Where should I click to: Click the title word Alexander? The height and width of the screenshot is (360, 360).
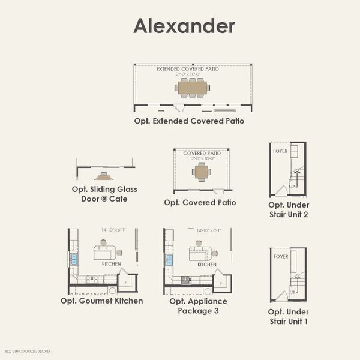[x=184, y=26]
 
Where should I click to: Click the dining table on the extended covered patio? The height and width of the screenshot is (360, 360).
[x=192, y=88]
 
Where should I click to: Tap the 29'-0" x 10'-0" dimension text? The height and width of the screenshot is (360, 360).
[x=188, y=74]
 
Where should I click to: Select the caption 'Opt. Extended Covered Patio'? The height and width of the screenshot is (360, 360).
[x=189, y=121]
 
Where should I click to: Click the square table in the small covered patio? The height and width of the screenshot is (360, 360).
[x=202, y=172]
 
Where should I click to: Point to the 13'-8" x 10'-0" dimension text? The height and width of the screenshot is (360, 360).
[x=202, y=158]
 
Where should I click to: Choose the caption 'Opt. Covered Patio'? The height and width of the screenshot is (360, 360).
[x=200, y=203]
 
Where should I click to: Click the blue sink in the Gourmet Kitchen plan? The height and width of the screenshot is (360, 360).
[x=74, y=259]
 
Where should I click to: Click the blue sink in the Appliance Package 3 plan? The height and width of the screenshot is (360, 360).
[x=169, y=260]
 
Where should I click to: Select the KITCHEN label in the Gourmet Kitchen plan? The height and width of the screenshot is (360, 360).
[x=111, y=264]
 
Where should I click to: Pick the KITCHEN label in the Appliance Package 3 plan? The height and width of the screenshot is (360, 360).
[x=207, y=265]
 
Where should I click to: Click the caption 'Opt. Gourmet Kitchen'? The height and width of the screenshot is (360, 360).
[x=102, y=301]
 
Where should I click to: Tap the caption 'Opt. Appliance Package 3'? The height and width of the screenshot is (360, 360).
[x=198, y=306]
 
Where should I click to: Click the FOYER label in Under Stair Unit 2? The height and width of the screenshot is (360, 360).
[x=280, y=151]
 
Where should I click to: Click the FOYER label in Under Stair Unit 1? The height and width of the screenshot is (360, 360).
[x=280, y=257]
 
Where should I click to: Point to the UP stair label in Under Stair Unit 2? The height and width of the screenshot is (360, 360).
[x=293, y=187]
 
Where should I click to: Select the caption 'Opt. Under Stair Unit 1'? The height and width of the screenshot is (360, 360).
[x=289, y=317]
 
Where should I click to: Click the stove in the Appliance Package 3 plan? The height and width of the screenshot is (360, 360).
[x=186, y=279]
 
